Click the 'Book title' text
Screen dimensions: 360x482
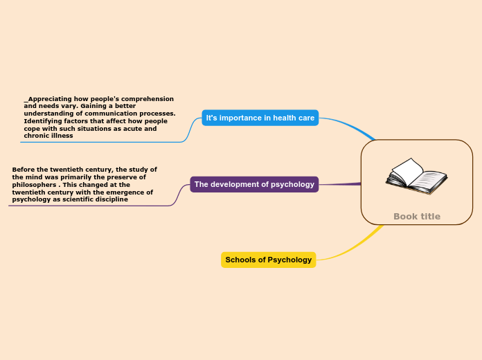tap(417, 217)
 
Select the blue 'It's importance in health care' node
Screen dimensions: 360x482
tap(260, 118)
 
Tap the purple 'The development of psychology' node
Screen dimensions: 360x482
tap(254, 184)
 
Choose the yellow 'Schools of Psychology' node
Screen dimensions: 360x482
tap(269, 260)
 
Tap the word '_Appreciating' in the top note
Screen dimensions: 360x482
tap(51, 99)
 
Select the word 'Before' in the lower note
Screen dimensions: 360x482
tap(24, 170)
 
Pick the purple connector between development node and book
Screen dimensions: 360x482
tap(339, 184)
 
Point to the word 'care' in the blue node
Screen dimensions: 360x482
tap(306, 118)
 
